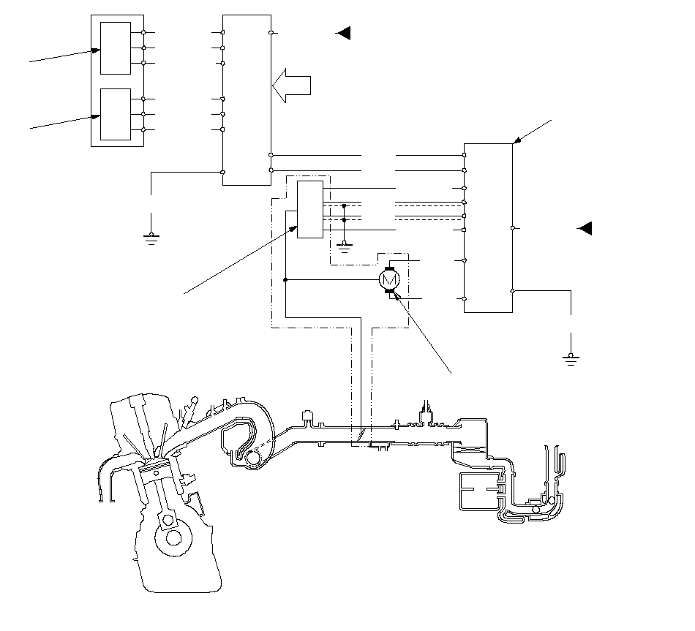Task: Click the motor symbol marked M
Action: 388,279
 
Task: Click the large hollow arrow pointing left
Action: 292,86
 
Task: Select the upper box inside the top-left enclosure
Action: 116,48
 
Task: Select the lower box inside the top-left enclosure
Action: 116,114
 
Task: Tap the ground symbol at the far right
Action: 571,358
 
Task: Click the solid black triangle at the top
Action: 342,33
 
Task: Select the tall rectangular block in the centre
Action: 247,99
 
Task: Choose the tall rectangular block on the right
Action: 488,227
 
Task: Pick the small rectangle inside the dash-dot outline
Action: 309,209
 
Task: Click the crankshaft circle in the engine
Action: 173,537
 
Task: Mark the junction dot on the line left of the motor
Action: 285,279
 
